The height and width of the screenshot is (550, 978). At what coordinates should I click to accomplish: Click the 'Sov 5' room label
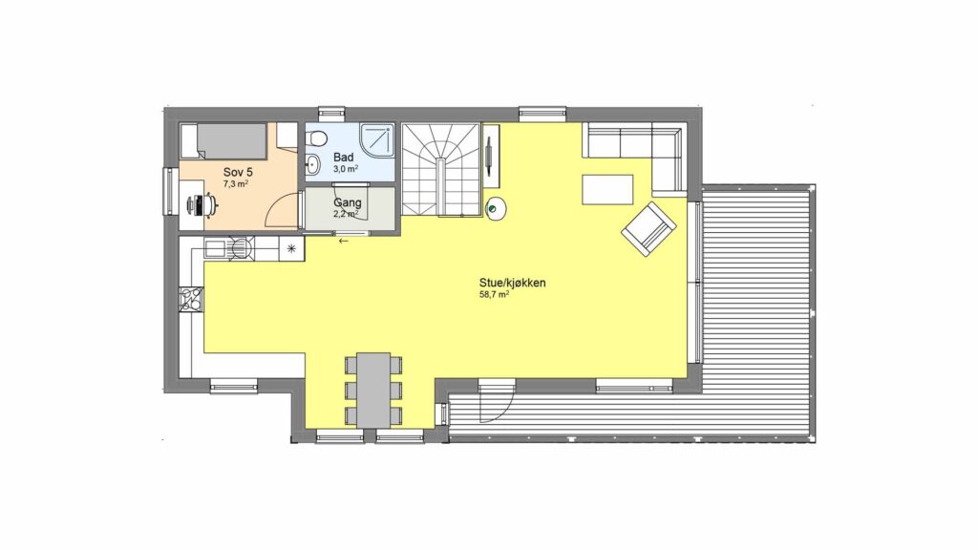point(238,172)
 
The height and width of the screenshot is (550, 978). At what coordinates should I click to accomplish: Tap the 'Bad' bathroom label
point(344,158)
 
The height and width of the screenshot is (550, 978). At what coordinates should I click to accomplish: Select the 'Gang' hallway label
point(348,202)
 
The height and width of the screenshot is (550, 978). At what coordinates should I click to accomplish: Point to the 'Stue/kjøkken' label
point(512,283)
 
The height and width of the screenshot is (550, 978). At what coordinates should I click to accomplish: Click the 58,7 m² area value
point(494,295)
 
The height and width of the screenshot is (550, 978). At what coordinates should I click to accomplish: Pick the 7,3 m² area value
point(237,184)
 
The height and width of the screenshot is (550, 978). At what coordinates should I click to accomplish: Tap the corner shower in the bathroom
point(377,141)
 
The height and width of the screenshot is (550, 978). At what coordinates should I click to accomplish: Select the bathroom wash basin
point(312,165)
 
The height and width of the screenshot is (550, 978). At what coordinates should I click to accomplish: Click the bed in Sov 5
point(223,141)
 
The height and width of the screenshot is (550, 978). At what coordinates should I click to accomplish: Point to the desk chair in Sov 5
point(202,204)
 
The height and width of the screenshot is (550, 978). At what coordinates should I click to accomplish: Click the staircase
point(441,170)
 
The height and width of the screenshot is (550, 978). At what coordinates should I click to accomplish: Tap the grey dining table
point(373,391)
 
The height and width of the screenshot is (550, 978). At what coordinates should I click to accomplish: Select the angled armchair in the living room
point(648,229)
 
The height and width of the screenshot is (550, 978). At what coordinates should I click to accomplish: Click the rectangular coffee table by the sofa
point(607,190)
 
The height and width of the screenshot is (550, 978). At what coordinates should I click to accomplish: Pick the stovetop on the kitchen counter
point(191,298)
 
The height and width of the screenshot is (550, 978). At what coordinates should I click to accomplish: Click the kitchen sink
point(216,249)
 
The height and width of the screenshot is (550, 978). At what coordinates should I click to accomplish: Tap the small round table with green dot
point(496,209)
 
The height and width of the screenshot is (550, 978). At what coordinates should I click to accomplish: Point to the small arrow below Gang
point(343,241)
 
